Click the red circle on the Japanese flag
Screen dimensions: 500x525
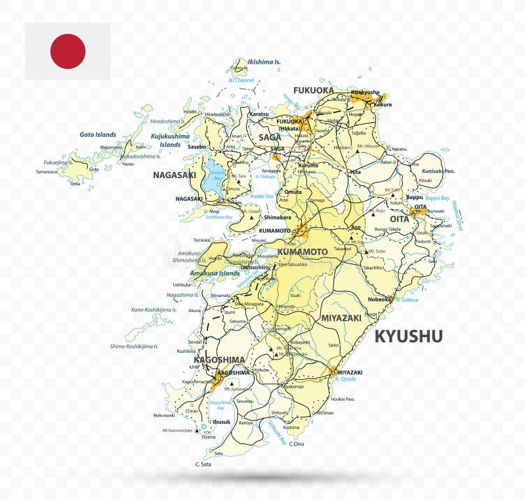click(x=68, y=51)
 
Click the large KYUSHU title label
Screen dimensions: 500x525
click(x=408, y=336)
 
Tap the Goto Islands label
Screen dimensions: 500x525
click(x=98, y=135)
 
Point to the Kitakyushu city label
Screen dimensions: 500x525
click(x=366, y=92)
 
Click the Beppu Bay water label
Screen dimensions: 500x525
click(x=437, y=198)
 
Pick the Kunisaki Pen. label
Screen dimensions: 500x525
click(x=438, y=171)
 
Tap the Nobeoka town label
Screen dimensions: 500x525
click(x=379, y=299)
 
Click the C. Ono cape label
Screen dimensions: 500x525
click(x=297, y=444)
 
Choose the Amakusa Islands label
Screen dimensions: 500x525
click(x=215, y=273)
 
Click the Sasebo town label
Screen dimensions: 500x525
click(x=197, y=147)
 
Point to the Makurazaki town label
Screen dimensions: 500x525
click(x=164, y=415)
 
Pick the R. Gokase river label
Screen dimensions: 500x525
click(x=407, y=300)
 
